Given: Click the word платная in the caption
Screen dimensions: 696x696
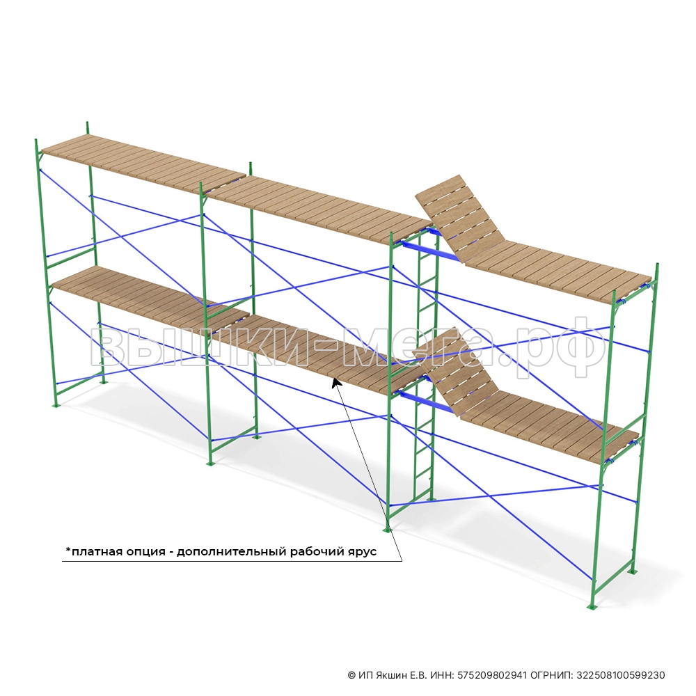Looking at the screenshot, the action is pos(95,552).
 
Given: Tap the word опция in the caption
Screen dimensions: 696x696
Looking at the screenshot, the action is pos(144,552).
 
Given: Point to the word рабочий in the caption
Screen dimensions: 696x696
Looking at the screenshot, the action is pos(315,552).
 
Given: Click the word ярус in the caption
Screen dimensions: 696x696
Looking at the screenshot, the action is pos(361,553).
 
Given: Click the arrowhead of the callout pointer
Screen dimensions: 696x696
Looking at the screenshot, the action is pos(336,381).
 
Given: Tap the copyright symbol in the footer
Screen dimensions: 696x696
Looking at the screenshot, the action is pos(351,676).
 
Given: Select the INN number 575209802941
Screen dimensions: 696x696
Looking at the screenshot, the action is pos(492,676).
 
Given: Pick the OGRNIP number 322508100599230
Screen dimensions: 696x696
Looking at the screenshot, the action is pos(621,676).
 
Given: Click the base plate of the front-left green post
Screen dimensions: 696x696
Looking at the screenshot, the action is pos(55,405).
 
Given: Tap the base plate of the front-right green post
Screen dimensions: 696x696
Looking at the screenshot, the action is pos(591,607).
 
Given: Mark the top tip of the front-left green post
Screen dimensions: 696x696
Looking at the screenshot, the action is pos(35,139).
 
